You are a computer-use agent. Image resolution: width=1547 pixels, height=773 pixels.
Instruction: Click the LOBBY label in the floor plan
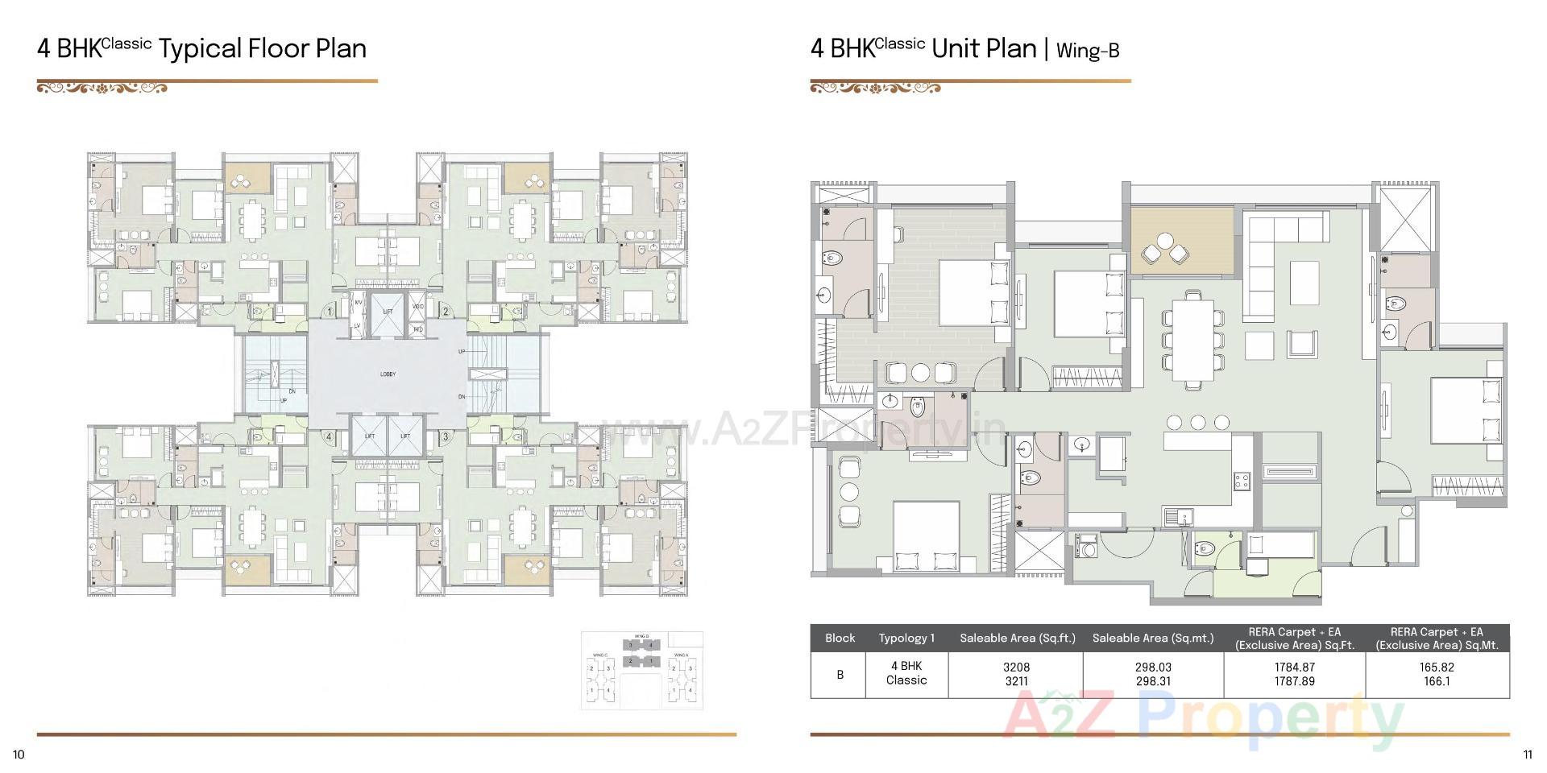388,374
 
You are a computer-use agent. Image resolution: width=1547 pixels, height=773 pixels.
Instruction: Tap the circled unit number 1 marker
329,312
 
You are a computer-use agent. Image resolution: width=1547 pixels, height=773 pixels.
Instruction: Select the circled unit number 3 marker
445,437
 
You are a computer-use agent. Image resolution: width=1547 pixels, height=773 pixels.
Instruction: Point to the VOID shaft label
417,307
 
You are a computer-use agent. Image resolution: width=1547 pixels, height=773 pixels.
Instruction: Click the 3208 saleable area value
1016,667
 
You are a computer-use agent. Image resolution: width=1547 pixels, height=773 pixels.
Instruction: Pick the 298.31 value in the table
1152,681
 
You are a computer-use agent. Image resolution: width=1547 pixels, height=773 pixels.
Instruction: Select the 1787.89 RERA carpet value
1294,681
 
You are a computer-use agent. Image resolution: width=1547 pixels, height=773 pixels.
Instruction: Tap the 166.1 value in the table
1436,681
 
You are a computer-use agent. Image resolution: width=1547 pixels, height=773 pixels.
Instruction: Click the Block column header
840,638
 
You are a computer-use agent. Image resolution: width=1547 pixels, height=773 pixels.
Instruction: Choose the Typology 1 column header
906,638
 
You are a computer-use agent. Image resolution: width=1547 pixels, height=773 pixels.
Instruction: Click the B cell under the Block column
840,674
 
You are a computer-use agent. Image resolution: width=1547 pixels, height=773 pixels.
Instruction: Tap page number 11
1527,754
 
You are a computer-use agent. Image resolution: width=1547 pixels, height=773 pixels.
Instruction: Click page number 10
19,754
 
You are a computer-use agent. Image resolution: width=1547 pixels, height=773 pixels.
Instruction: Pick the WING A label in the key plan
681,655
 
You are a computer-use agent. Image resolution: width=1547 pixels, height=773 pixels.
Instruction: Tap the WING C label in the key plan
599,655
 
